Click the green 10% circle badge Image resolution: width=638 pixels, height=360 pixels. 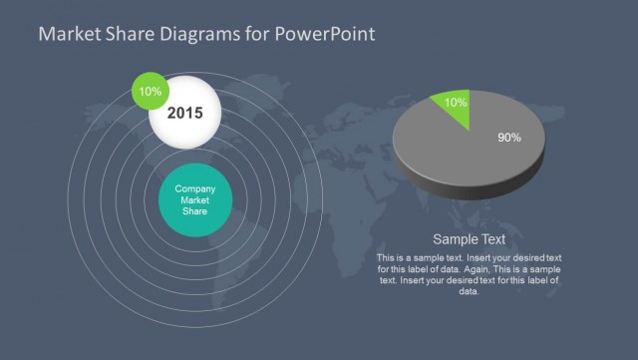151,91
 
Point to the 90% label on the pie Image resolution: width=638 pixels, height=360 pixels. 508,138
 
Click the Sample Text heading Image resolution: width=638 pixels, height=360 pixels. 469,239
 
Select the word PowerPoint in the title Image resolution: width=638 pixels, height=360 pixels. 326,34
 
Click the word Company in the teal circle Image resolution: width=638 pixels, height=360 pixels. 195,188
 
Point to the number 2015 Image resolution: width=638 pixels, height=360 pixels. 184,114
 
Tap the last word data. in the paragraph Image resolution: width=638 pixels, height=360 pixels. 469,291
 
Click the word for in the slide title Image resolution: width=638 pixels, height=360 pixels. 256,34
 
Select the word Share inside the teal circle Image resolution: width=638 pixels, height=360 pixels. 195,210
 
